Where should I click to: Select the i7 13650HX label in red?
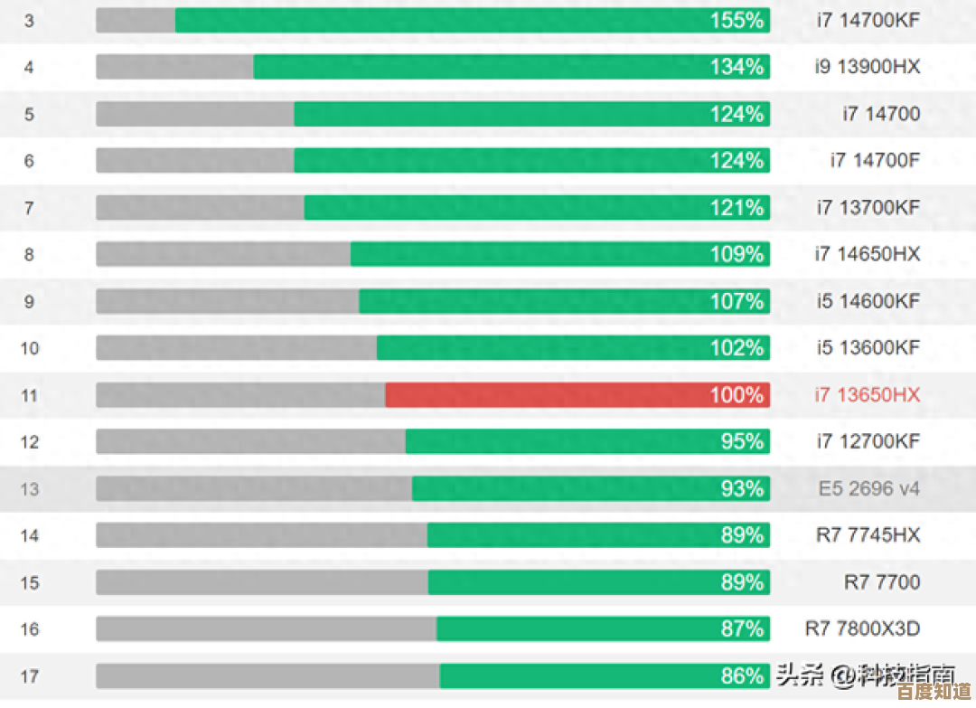(868, 395)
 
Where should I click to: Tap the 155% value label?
(737, 21)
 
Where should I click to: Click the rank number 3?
(29, 21)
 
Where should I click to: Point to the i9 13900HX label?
(868, 67)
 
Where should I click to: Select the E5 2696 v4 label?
(868, 489)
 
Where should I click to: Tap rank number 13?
(30, 489)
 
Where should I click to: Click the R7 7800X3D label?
(862, 628)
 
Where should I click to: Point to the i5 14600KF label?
(868, 301)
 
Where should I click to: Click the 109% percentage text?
(737, 255)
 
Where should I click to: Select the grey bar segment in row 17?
(267, 676)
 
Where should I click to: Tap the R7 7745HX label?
(868, 535)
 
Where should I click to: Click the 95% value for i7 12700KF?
(742, 442)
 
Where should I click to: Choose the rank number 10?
(30, 348)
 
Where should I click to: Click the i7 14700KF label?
(868, 20)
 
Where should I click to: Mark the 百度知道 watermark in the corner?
(940, 692)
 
